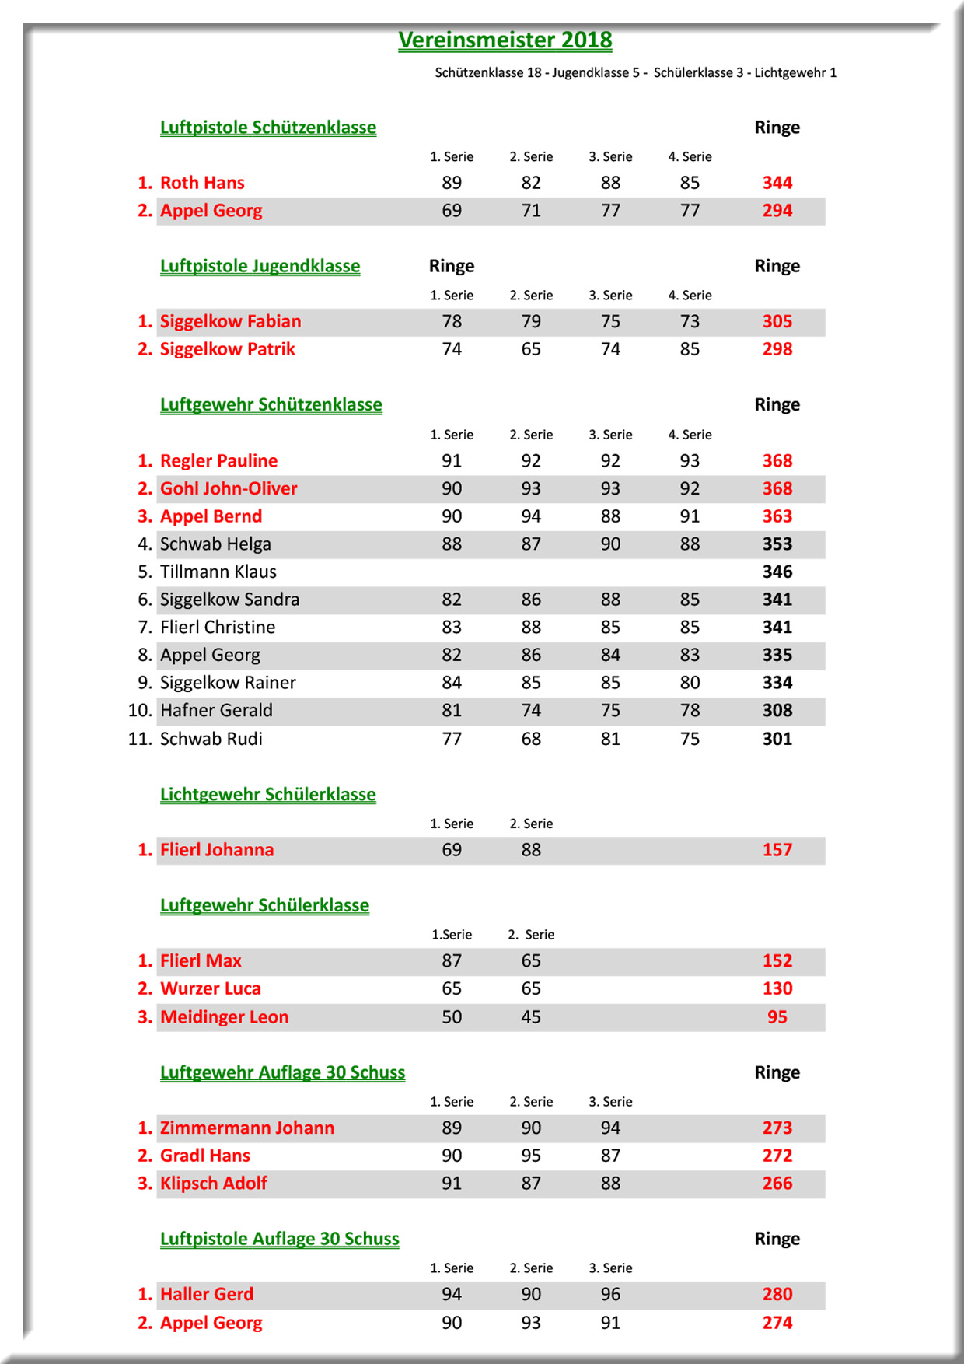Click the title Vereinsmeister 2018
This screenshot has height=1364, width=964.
[x=505, y=40]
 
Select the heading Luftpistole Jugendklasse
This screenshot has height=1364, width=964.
[x=260, y=266]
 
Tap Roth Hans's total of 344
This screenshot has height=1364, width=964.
[x=777, y=183]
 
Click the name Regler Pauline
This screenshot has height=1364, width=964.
[x=218, y=460]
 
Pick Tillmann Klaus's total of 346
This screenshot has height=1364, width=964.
[x=777, y=572]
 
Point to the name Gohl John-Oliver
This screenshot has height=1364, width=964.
[x=229, y=488]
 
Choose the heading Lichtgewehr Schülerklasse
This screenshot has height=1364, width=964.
[x=267, y=794]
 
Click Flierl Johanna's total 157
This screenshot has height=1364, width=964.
[x=777, y=850]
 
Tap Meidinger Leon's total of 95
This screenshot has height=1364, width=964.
[x=777, y=1016]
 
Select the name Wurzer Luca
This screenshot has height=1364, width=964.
[x=210, y=988]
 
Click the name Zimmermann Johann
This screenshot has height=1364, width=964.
[x=246, y=1128]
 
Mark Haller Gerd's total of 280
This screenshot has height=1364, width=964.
[x=777, y=1294]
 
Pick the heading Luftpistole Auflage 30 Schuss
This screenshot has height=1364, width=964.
[x=279, y=1239]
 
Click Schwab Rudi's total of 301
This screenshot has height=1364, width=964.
[x=777, y=739]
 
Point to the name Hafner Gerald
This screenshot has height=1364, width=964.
[x=216, y=710]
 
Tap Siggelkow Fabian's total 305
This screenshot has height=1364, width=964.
[x=777, y=321]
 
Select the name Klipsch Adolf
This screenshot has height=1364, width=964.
[x=213, y=1183]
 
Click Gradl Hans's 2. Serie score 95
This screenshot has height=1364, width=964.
[x=531, y=1156]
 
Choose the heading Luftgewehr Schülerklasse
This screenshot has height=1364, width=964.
[x=264, y=905]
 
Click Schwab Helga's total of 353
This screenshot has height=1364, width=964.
[x=777, y=544]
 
